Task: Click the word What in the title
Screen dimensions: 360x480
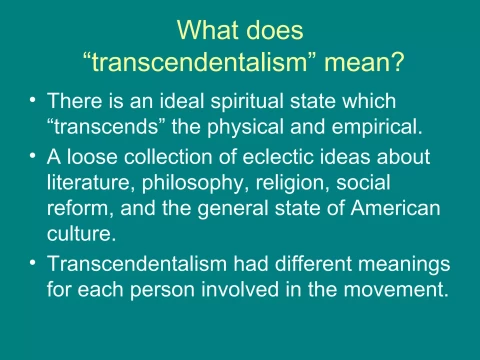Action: pos(205,34)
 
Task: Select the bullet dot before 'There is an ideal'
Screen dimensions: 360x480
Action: pos(33,101)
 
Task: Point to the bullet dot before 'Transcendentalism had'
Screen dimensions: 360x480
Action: pos(33,263)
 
